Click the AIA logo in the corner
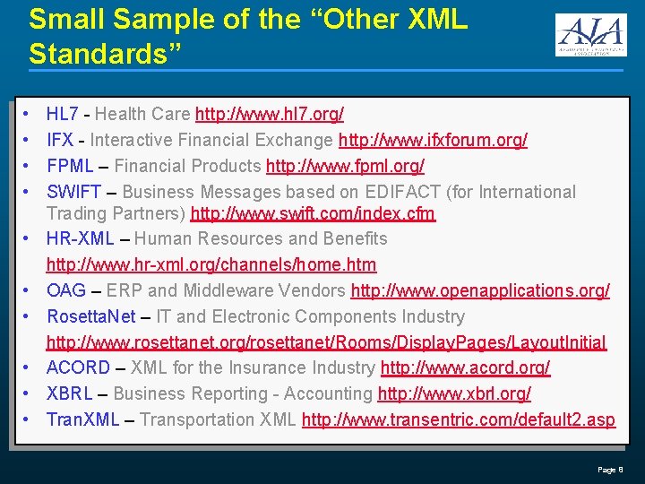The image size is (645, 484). pyautogui.click(x=589, y=36)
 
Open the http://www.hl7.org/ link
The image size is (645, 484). pyautogui.click(x=269, y=114)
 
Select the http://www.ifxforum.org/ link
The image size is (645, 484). pyautogui.click(x=433, y=140)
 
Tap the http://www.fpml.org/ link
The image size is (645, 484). pyautogui.click(x=345, y=166)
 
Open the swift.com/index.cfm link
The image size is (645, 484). pyautogui.click(x=313, y=213)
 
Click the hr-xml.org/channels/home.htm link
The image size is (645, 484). pyautogui.click(x=211, y=264)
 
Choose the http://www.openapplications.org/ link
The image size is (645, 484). pyautogui.click(x=480, y=290)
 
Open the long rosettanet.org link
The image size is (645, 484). pyautogui.click(x=326, y=342)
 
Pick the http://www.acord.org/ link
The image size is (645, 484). pyautogui.click(x=465, y=367)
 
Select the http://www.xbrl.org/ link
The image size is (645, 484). pyautogui.click(x=454, y=393)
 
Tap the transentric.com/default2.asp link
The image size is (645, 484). pyautogui.click(x=459, y=419)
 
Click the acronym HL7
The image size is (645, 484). pyautogui.click(x=62, y=114)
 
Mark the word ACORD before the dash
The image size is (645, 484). pyautogui.click(x=78, y=367)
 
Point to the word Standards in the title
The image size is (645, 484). pyautogui.click(x=105, y=52)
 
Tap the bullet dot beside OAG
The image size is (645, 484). pyautogui.click(x=28, y=290)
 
